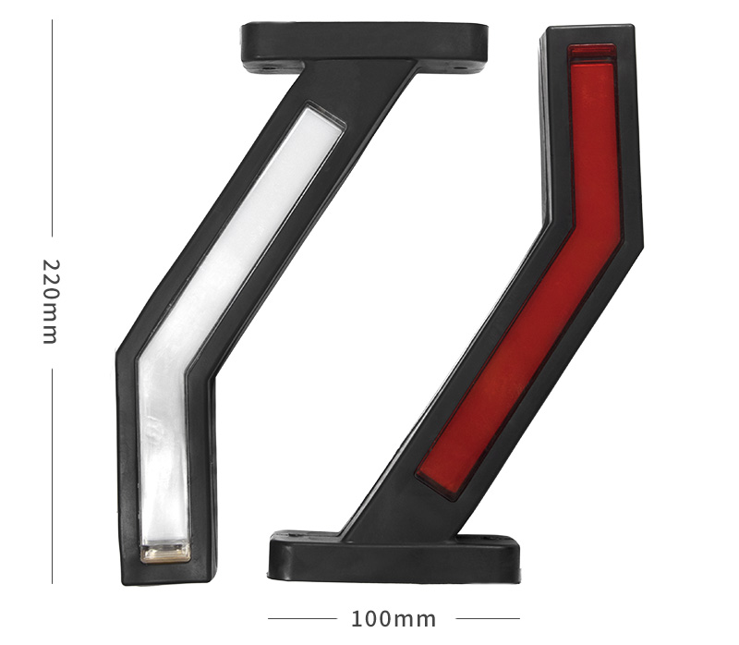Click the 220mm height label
[x=51, y=302]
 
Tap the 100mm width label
[x=394, y=619]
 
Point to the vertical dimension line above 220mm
[x=52, y=128]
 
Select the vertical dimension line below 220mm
[x=52, y=476]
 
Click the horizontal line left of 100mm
[x=302, y=618]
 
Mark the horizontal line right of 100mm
[x=488, y=618]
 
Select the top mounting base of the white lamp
[x=364, y=43]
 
